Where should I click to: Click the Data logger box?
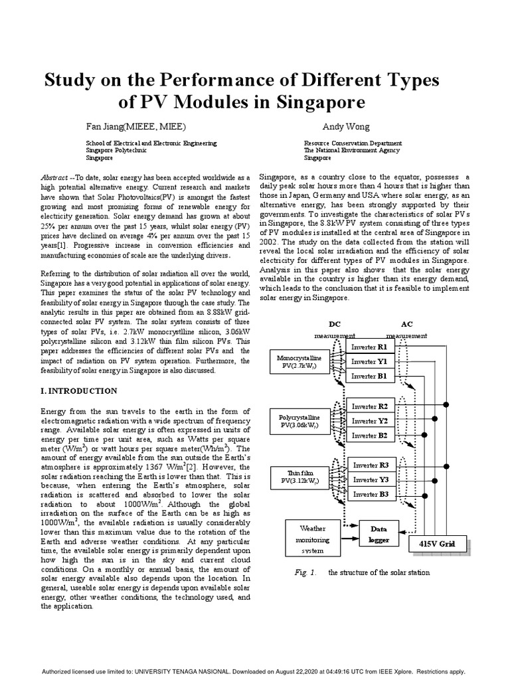coord(379,535)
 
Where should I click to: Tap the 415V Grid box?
coord(436,544)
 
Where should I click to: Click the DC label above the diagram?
coord(335,325)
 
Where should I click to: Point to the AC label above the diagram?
coord(407,325)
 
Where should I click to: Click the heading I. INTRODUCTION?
coord(79,390)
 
